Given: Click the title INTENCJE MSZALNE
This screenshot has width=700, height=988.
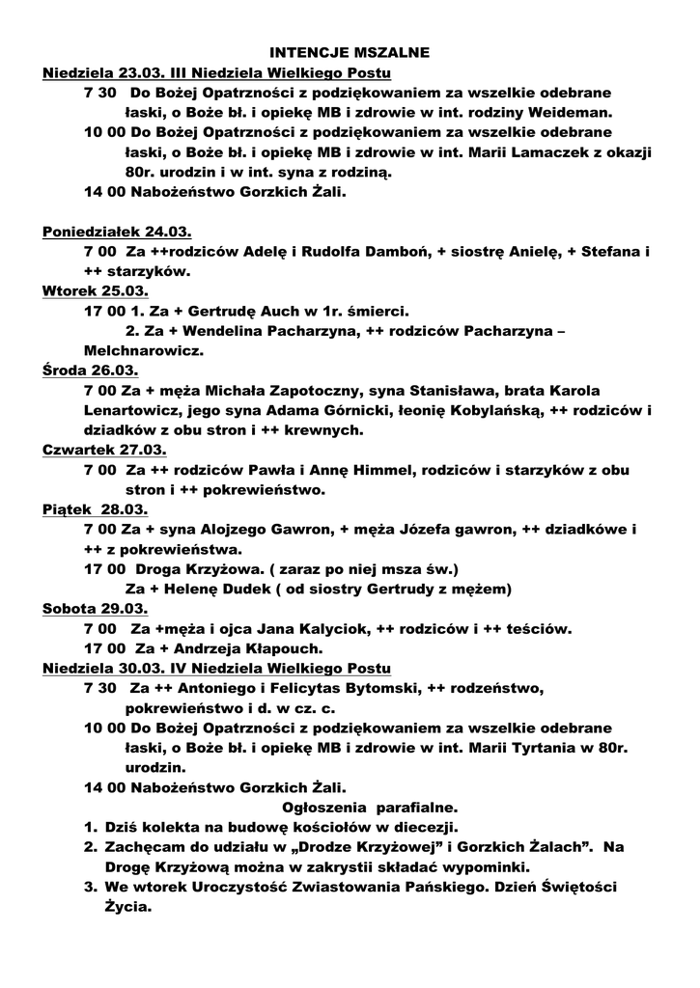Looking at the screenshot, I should pos(349,51).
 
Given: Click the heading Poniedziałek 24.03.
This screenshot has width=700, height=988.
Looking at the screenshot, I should pos(117,232).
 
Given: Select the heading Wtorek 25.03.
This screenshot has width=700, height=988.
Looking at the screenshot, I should pos(95,290).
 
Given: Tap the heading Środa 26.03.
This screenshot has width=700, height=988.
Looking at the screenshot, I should pos(90,370).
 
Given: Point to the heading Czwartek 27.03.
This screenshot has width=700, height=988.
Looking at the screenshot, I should pos(104,451).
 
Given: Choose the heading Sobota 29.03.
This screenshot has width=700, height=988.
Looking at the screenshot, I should pos(95,610).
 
